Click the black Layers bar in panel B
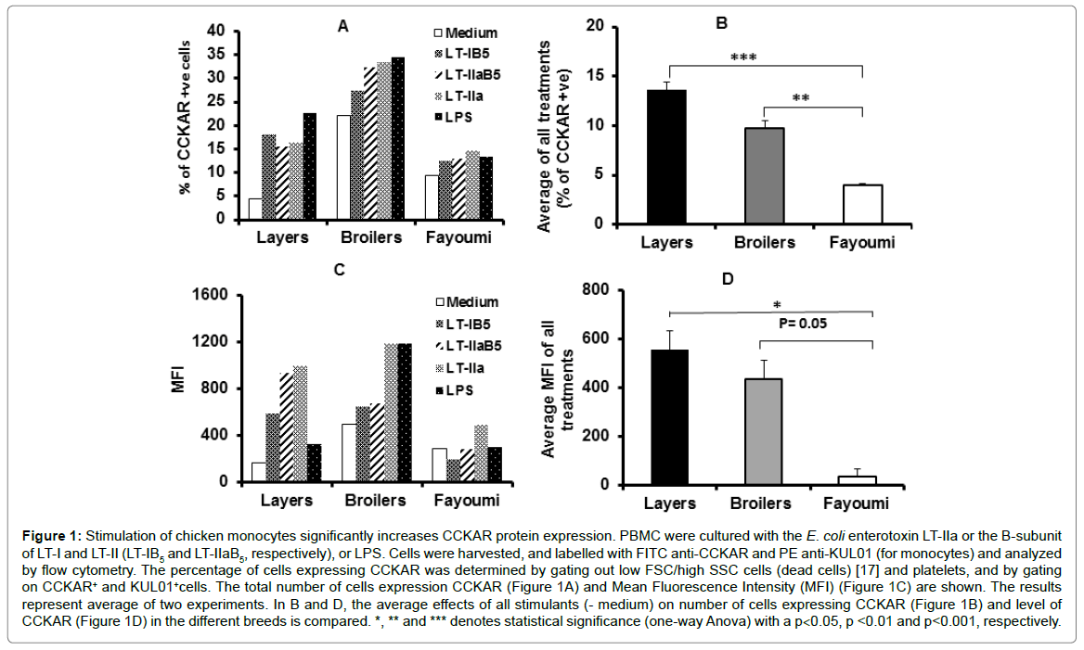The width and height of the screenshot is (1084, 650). pyautogui.click(x=666, y=157)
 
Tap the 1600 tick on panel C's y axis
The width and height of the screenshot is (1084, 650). pyautogui.click(x=210, y=296)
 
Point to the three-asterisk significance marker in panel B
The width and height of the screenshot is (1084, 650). pyautogui.click(x=743, y=57)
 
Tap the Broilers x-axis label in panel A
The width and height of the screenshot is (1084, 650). pyautogui.click(x=371, y=237)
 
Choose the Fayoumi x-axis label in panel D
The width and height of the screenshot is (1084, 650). pyautogui.click(x=857, y=503)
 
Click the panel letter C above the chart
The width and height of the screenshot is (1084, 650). pyautogui.click(x=340, y=270)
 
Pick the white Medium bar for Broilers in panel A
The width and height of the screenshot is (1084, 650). pyautogui.click(x=342, y=168)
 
